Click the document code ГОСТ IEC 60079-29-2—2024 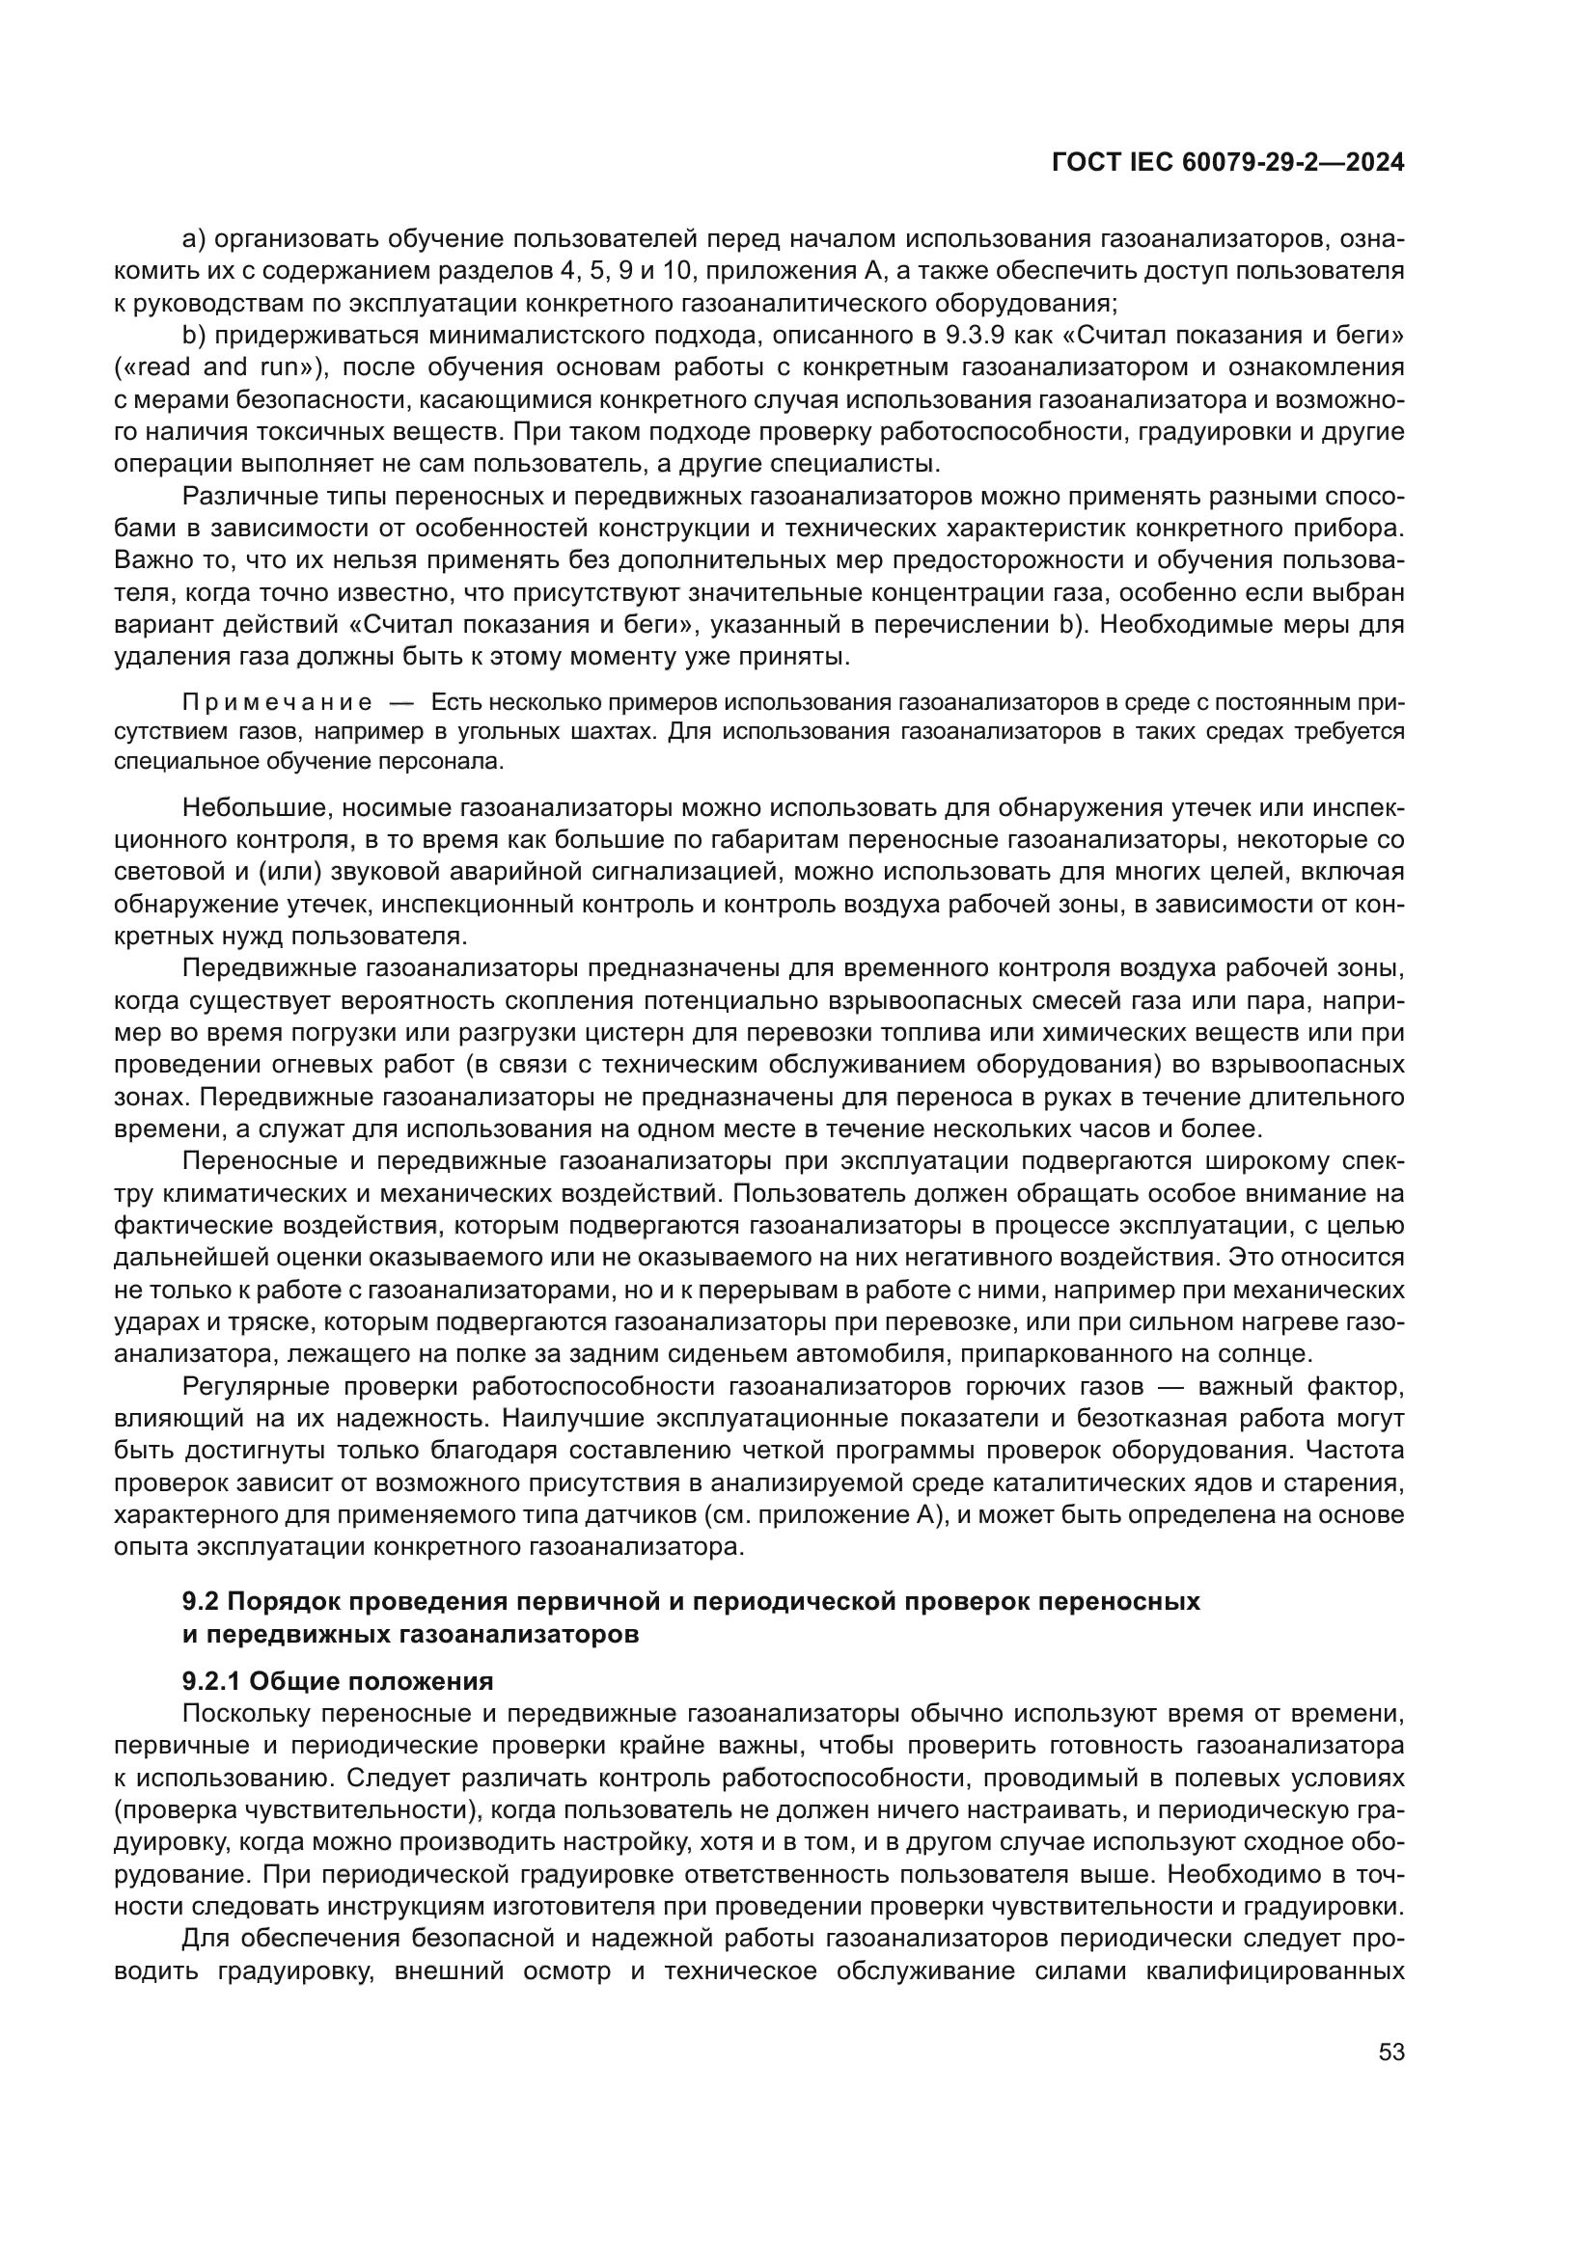(x=1227, y=162)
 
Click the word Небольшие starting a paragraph (x=248, y=808)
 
